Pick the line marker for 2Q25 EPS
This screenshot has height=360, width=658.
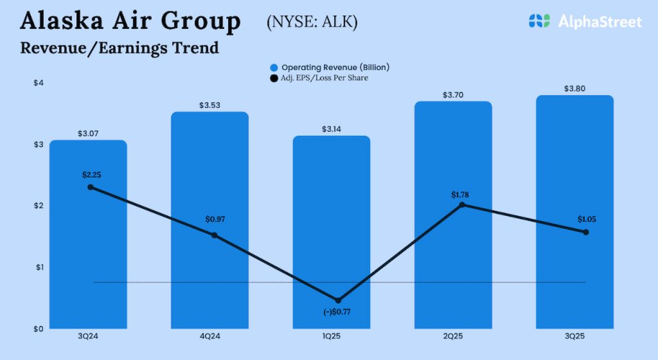pos(461,205)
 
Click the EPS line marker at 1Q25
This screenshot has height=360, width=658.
pos(338,300)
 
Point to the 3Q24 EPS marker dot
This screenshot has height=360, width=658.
pos(91,187)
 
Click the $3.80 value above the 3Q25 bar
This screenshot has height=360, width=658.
pos(574,89)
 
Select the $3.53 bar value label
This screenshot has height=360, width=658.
pos(209,105)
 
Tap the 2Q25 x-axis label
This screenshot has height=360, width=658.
pos(453,336)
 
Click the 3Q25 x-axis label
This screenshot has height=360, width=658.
pos(574,336)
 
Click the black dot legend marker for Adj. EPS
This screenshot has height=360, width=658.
pos(274,78)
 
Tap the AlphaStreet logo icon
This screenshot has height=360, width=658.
pos(540,21)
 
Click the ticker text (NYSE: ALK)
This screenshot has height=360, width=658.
pos(312,22)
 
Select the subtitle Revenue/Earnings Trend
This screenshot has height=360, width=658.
pos(120,48)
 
